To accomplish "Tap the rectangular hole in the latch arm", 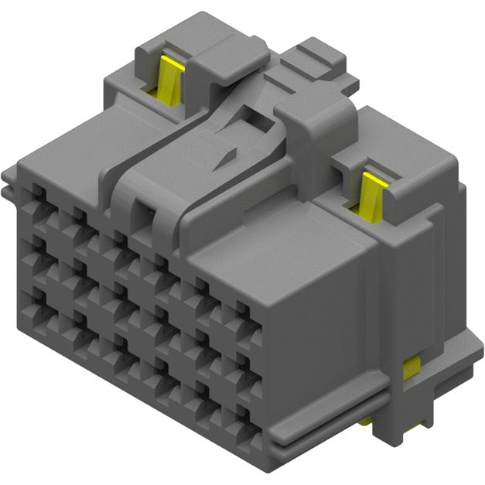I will [x=252, y=121].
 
